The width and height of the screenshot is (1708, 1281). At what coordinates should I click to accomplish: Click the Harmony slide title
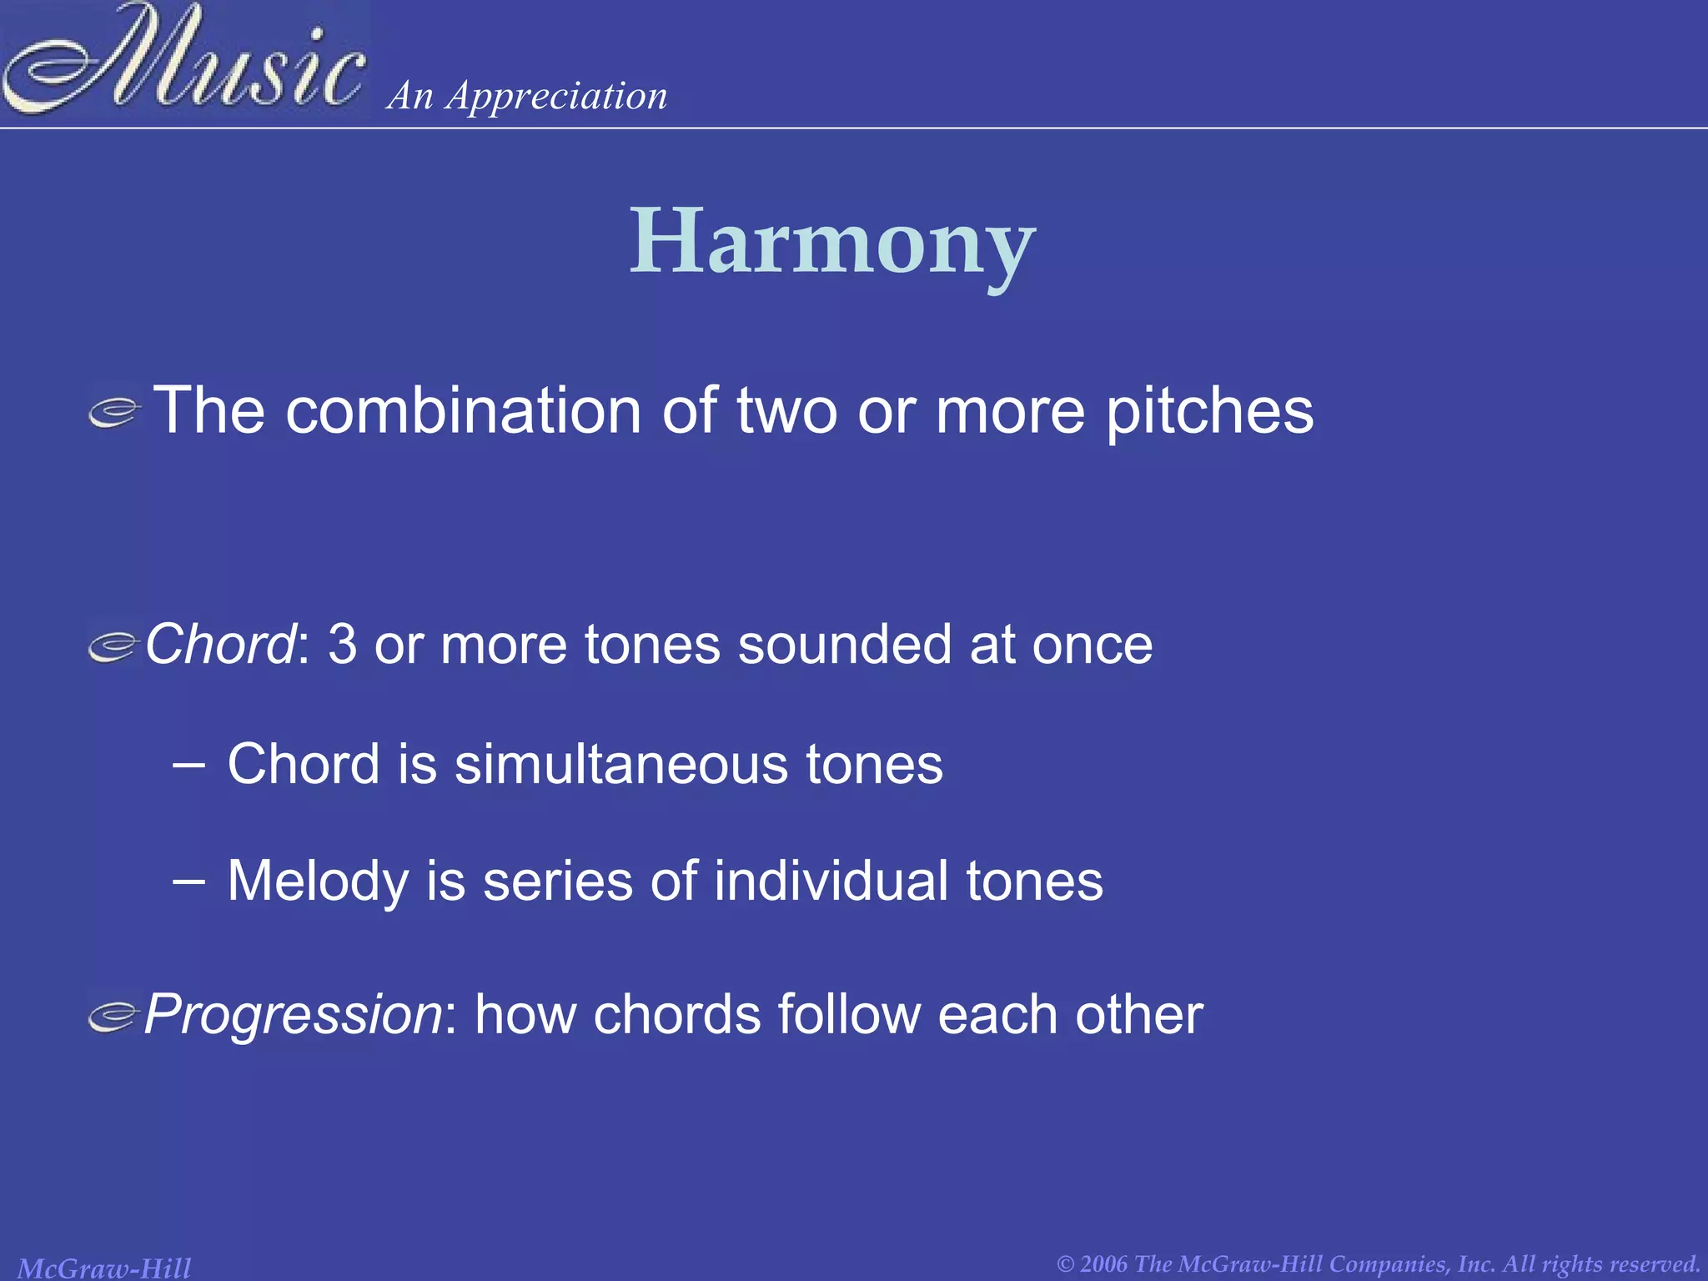click(832, 243)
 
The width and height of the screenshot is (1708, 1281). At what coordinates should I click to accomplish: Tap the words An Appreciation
click(527, 96)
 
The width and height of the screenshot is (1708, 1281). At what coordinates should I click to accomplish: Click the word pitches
click(1209, 412)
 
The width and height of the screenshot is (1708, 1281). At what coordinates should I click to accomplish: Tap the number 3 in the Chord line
click(342, 645)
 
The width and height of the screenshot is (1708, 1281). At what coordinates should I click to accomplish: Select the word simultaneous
click(620, 764)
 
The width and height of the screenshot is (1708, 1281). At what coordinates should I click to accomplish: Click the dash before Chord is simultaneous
click(189, 762)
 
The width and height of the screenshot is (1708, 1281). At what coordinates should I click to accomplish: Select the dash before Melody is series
click(189, 880)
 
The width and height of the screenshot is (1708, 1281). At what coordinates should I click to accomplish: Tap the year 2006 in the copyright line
click(1103, 1264)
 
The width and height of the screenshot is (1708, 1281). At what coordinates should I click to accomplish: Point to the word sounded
click(844, 645)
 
